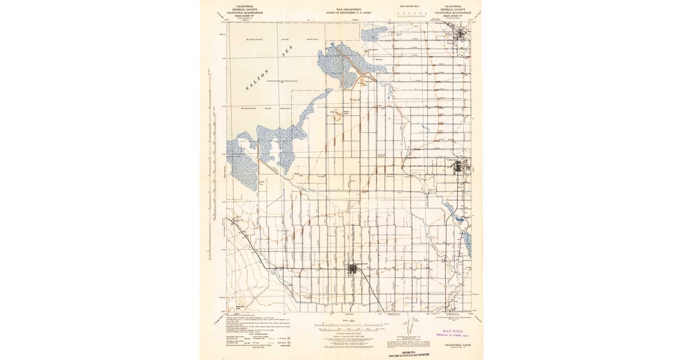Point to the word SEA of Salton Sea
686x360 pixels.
point(288,53)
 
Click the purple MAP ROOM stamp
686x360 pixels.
point(452,331)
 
